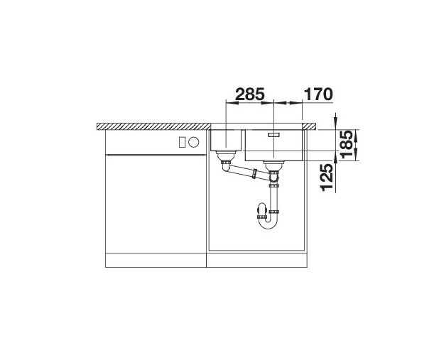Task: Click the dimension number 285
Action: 250,94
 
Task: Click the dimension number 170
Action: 318,94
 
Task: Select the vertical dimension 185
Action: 347,144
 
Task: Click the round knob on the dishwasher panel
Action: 194,142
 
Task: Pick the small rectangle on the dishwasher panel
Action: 182,142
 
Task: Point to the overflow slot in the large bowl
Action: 273,135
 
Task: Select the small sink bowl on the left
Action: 227,140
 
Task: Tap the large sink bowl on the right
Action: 274,145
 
